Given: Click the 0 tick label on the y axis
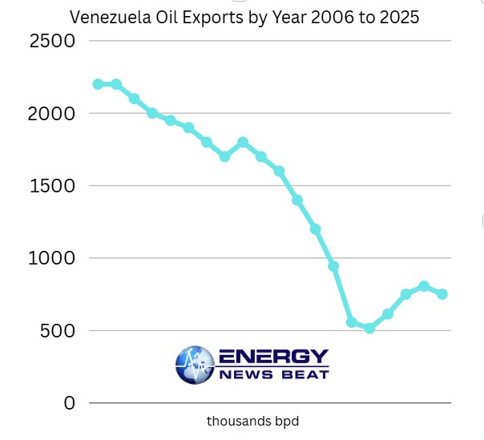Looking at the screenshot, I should click(70, 402).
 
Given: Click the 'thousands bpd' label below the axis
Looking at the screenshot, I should click(252, 421).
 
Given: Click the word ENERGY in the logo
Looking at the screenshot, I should click(273, 357).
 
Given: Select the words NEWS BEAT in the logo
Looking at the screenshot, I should click(273, 375).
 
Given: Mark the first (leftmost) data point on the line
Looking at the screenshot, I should click(98, 84).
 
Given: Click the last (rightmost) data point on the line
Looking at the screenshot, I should click(442, 294).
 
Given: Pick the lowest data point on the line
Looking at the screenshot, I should click(369, 328).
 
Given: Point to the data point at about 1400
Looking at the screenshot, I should click(297, 200).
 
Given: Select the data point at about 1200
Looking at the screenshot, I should click(315, 229).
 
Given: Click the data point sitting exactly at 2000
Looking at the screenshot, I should click(152, 113).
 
